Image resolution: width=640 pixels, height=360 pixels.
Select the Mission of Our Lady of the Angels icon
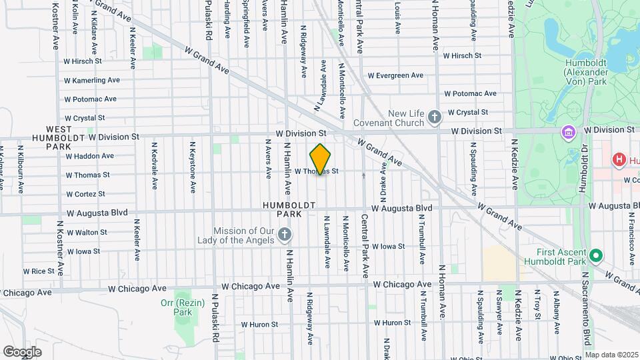click(285, 235)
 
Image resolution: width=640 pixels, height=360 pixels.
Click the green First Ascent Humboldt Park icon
click(596, 255)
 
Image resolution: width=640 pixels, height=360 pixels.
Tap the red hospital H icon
click(619, 160)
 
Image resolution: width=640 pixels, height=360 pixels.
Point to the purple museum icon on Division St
click(569, 131)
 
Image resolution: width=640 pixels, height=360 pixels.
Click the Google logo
click(22, 351)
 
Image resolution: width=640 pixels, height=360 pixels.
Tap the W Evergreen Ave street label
click(396, 75)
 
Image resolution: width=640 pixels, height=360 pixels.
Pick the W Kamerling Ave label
click(92, 80)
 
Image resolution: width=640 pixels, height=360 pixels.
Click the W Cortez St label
click(85, 194)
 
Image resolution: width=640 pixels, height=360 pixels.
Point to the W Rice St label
click(38, 271)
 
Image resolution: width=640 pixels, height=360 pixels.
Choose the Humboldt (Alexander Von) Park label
click(585, 71)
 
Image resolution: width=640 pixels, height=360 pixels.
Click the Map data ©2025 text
click(611, 355)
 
